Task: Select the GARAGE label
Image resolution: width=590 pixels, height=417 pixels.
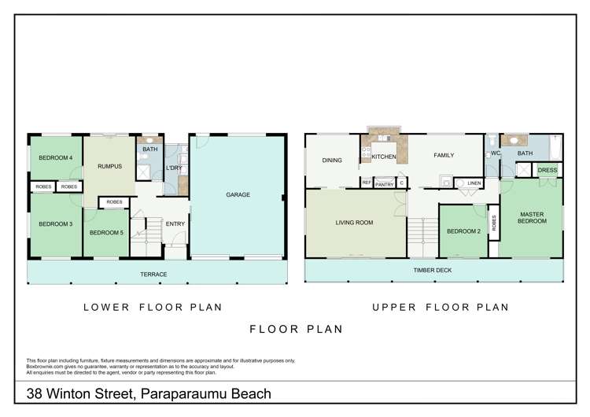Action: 238,194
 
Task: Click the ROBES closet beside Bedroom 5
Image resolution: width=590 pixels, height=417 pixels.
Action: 114,202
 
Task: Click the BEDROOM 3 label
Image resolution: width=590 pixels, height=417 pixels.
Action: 54,224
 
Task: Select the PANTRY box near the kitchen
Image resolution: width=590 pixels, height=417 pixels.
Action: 384,183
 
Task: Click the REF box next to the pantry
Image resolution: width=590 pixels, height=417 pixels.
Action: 366,183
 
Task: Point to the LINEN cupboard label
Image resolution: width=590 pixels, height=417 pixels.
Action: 474,183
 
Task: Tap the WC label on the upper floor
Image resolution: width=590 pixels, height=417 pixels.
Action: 496,153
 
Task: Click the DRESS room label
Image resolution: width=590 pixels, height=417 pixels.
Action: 547,169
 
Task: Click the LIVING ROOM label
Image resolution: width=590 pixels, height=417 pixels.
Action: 354,223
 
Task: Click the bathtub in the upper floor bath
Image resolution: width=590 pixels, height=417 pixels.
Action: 555,147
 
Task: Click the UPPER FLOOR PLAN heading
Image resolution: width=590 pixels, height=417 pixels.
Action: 440,308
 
